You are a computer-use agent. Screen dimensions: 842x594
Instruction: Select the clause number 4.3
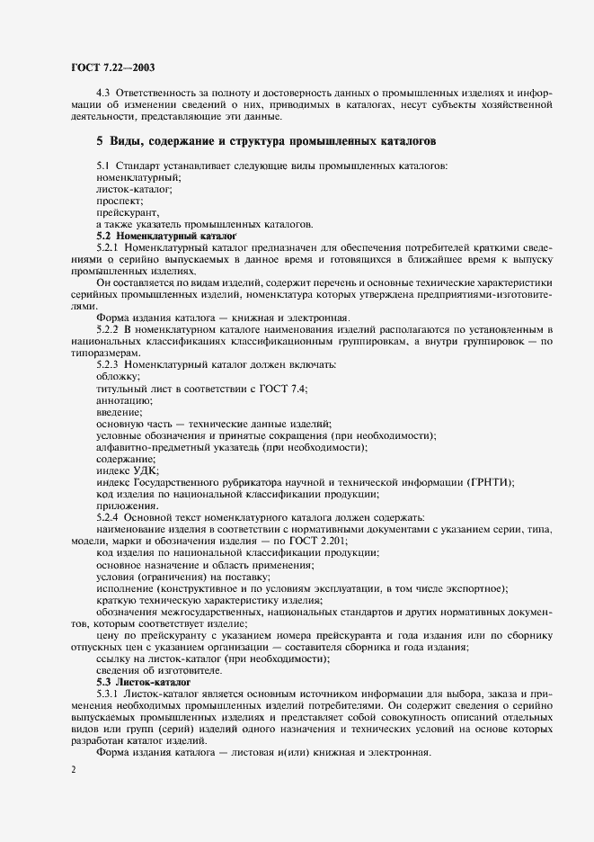(x=104, y=93)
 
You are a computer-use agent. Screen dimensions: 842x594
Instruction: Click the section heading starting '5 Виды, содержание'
(x=267, y=142)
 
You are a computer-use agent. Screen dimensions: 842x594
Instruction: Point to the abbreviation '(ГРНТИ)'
(x=486, y=482)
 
